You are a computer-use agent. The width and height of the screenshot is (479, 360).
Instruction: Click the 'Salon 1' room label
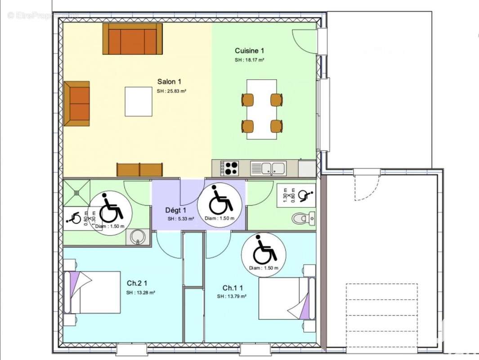pos(169,81)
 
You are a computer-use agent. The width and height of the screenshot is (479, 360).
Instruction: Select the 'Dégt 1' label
pos(175,210)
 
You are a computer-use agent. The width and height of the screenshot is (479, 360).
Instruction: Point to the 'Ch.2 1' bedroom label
pos(137,283)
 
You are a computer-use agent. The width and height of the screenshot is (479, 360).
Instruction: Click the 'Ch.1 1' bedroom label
pos(233,288)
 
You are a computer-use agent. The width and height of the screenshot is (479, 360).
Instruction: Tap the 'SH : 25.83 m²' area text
pos(171,91)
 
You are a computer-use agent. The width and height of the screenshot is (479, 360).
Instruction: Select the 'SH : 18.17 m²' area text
pos(249,60)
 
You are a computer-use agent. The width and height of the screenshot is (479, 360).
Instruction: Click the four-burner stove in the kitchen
pos(231,168)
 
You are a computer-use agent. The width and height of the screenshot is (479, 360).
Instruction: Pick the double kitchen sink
pos(268,168)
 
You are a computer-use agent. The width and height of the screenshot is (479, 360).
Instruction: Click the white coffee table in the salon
pos(139,101)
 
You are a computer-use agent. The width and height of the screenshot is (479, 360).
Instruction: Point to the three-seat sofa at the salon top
pos(132,39)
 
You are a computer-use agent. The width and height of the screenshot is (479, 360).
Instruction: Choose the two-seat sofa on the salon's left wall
pos(77,103)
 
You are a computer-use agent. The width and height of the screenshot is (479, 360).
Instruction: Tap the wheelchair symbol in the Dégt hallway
pos(220,201)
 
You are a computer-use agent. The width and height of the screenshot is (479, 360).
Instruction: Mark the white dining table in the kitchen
pos(261,109)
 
